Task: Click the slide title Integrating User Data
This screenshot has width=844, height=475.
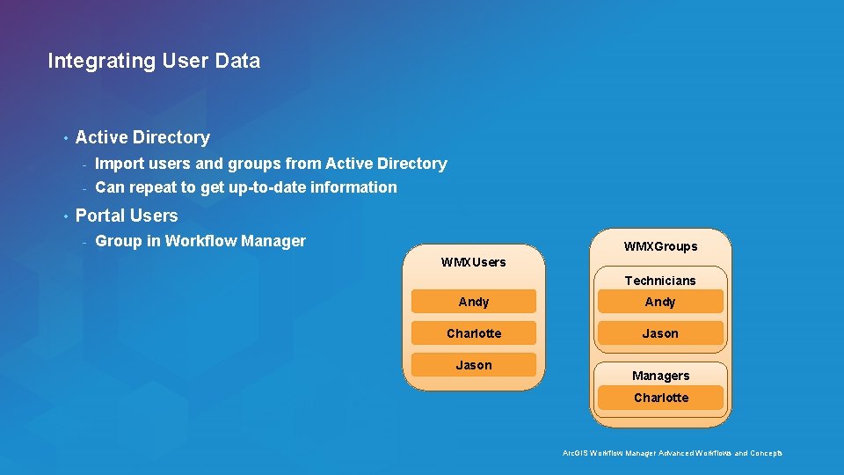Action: coord(154,61)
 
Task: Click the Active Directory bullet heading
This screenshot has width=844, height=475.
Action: coord(142,137)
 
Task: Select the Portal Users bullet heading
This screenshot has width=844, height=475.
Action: coord(127,216)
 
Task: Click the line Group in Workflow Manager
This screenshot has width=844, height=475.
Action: coord(200,241)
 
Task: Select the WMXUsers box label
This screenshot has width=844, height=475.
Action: coord(473,262)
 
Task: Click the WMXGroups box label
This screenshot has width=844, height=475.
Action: coord(660,246)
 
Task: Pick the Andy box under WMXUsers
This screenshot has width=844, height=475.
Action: coord(474,302)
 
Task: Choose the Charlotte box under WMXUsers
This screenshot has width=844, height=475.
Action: coord(474,333)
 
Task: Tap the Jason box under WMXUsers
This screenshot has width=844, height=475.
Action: coord(474,365)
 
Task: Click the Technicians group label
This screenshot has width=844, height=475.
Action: coord(660,281)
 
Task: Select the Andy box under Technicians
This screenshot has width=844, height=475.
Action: coord(660,302)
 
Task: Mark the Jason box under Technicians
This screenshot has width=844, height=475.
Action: coord(660,333)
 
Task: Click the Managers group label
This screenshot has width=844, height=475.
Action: coord(660,376)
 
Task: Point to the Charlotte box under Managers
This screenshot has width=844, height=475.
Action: coord(660,398)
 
